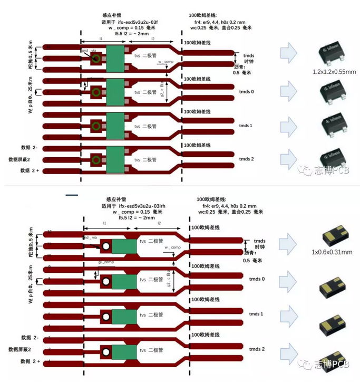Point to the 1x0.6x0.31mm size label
tap(331, 252)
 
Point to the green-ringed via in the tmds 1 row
tap(96, 127)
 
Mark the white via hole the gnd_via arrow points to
tap(105, 246)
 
